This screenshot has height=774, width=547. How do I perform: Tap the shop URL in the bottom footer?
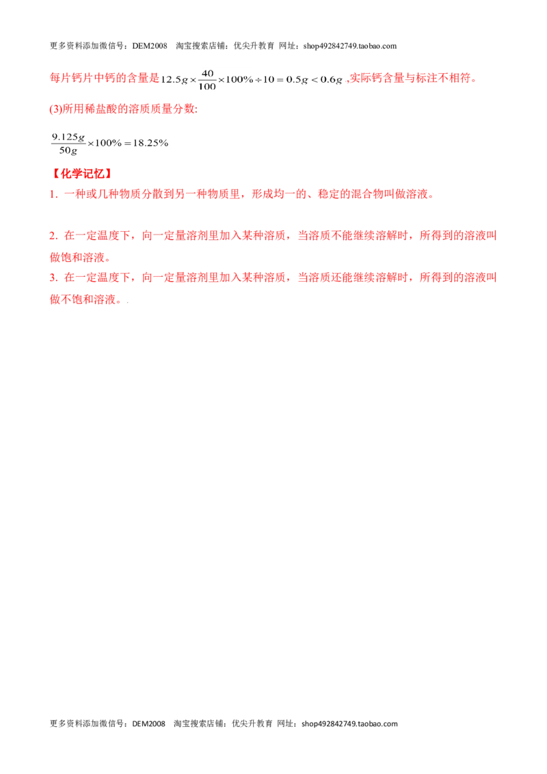coord(349,723)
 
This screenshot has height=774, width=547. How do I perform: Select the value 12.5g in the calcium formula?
coord(174,80)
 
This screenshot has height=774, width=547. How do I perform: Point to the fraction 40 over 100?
coord(207,79)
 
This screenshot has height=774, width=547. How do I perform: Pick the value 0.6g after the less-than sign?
coord(331,80)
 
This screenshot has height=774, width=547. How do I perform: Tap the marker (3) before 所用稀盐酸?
coord(55,109)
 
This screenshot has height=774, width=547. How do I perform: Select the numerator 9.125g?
coord(68,137)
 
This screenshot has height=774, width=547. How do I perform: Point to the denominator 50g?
coord(68,150)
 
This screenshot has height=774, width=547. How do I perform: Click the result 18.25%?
coord(150,143)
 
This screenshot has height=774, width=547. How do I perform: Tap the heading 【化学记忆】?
coord(82,174)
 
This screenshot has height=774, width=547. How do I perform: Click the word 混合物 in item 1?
coord(366,194)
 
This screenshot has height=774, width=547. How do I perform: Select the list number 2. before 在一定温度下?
coord(54,236)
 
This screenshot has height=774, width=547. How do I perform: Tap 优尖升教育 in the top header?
coord(254,46)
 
